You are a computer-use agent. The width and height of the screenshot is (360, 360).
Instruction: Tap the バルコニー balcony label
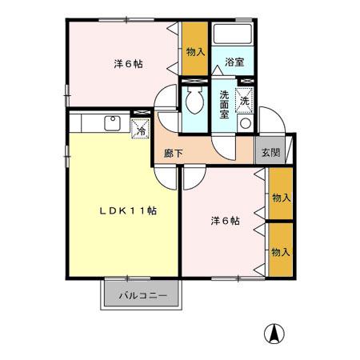coord(142,295)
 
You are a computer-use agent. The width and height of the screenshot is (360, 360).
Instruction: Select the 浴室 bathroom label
coord(234,62)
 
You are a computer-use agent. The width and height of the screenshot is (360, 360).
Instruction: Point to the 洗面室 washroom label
coord(225,103)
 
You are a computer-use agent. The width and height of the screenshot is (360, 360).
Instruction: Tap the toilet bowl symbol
coord(193,100)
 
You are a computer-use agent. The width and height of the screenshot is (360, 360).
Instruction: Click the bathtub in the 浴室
coord(234,36)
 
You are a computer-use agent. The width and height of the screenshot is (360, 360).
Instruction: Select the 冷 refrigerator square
coord(141,128)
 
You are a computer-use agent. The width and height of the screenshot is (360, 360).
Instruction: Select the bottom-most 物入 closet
coord(279,252)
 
